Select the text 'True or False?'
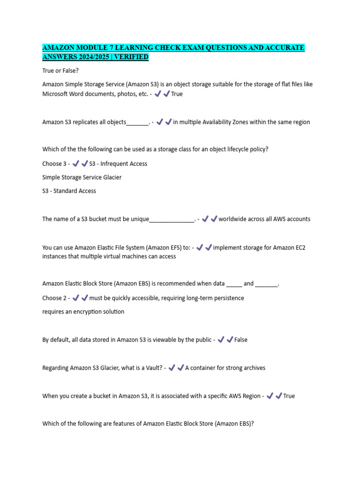(x=60, y=70)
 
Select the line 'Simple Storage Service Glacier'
(x=82, y=177)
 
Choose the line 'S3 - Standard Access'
(x=69, y=191)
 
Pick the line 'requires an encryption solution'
(x=83, y=312)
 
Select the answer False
(x=240, y=340)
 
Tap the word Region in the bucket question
(x=251, y=396)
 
